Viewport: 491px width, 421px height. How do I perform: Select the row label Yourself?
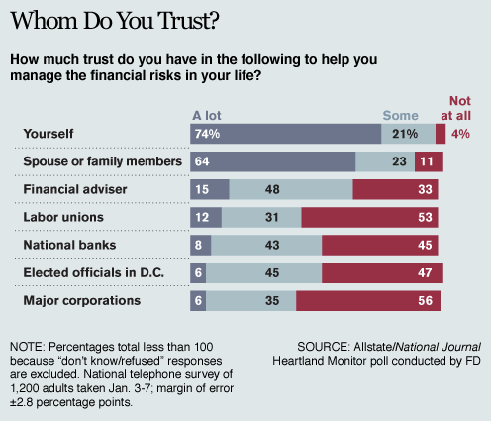point(50,134)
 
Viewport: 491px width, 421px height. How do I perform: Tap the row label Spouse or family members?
point(100,161)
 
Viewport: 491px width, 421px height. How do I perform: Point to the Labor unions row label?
point(62,217)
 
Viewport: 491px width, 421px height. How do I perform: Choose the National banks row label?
point(68,245)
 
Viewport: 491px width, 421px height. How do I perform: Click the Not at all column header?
point(460,107)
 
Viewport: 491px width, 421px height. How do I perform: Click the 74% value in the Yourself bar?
point(207,134)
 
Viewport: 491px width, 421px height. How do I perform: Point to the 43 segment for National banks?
point(264,245)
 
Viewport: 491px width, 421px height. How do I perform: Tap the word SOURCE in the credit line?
point(329,347)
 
